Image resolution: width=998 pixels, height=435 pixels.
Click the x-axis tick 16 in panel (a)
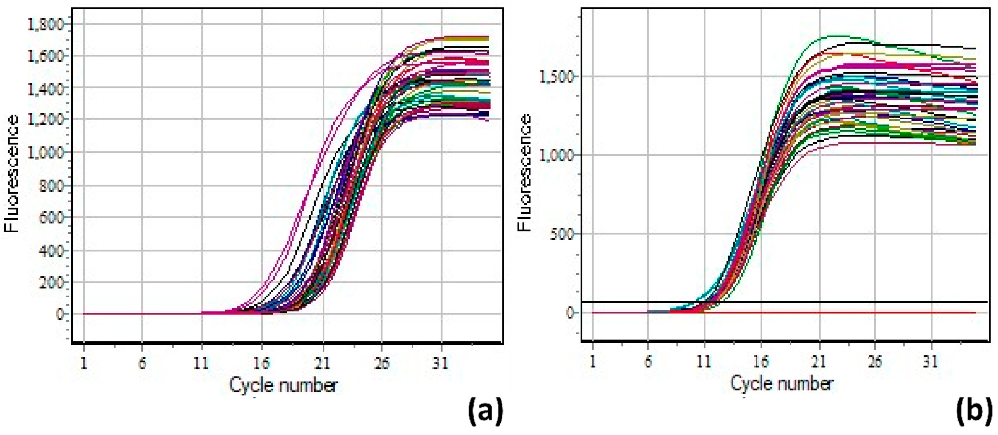point(261,363)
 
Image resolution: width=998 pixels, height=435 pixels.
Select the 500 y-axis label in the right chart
point(562,234)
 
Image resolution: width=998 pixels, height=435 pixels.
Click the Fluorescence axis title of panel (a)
point(12,174)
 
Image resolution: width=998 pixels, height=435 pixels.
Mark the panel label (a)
point(486,412)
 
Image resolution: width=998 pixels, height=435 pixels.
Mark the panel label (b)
point(974,412)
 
